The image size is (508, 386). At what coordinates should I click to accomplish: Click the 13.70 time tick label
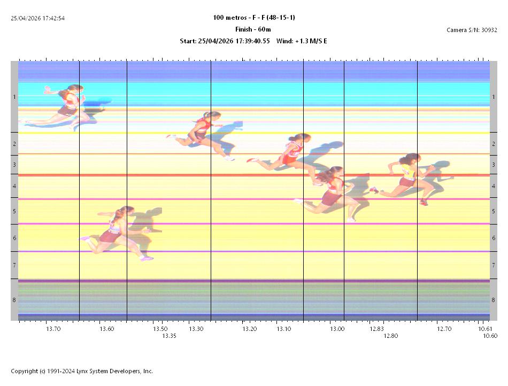(x=53, y=329)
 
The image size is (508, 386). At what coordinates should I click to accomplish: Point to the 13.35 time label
(x=170, y=336)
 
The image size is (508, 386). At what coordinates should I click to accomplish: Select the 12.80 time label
(x=391, y=336)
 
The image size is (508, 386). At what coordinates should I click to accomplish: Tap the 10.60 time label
(x=490, y=336)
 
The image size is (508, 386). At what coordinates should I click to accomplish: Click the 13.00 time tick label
(x=337, y=329)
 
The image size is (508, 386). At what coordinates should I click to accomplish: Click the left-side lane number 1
(x=14, y=97)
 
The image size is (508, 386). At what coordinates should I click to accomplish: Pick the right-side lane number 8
(x=493, y=300)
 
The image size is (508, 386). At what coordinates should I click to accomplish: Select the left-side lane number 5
(x=14, y=211)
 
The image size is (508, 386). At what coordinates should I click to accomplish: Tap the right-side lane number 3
(x=493, y=165)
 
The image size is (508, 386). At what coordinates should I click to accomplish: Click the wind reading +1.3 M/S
(x=305, y=41)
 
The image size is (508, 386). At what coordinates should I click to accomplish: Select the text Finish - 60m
(x=253, y=29)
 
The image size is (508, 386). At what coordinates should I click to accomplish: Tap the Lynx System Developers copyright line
(x=82, y=371)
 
